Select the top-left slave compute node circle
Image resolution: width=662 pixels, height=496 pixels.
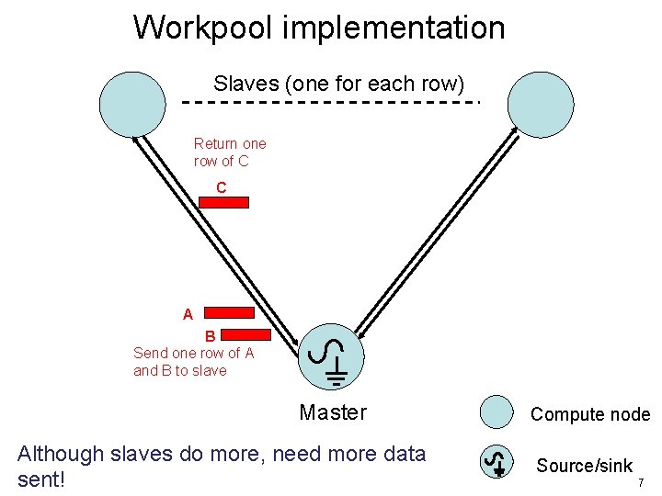tap(132, 103)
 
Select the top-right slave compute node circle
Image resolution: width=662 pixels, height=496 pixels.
tap(540, 103)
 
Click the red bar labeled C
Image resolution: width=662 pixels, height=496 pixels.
tap(224, 203)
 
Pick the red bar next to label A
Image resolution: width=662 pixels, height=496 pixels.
tap(228, 313)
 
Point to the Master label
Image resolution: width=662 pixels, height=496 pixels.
tap(333, 412)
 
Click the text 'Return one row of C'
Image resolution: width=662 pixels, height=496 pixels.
tap(230, 152)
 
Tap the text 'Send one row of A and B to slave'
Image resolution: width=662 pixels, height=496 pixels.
tap(193, 362)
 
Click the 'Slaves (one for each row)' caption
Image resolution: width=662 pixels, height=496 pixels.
tap(339, 84)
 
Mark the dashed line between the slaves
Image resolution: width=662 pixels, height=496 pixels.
tap(331, 102)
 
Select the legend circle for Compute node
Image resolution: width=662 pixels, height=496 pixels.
tap(497, 412)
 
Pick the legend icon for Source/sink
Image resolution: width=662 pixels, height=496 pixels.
tap(497, 461)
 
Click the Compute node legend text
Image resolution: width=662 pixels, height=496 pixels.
tap(590, 414)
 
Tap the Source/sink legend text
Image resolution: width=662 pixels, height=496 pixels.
tap(585, 466)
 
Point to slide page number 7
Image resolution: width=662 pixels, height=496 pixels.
tap(641, 482)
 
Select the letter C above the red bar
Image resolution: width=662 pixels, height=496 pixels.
tap(221, 187)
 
